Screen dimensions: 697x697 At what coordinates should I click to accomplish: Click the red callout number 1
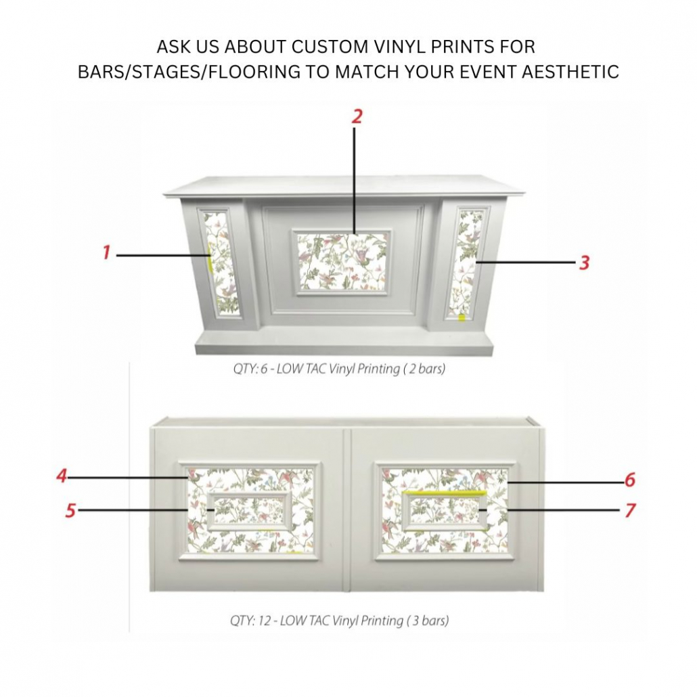[x=106, y=253]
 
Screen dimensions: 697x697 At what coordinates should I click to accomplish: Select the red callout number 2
[x=357, y=116]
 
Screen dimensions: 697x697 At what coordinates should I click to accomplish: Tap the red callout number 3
[x=584, y=263]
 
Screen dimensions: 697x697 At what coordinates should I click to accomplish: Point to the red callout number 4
[x=62, y=476]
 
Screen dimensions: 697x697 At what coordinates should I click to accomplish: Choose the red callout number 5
[x=70, y=510]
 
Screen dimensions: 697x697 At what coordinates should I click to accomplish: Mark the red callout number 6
[x=629, y=480]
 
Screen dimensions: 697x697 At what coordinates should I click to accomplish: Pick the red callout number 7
[x=629, y=510]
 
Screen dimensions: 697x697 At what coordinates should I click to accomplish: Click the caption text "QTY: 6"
[x=249, y=370]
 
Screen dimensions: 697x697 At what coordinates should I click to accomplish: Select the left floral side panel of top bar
[x=221, y=263]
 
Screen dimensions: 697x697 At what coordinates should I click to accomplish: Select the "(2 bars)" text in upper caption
[x=424, y=370]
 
